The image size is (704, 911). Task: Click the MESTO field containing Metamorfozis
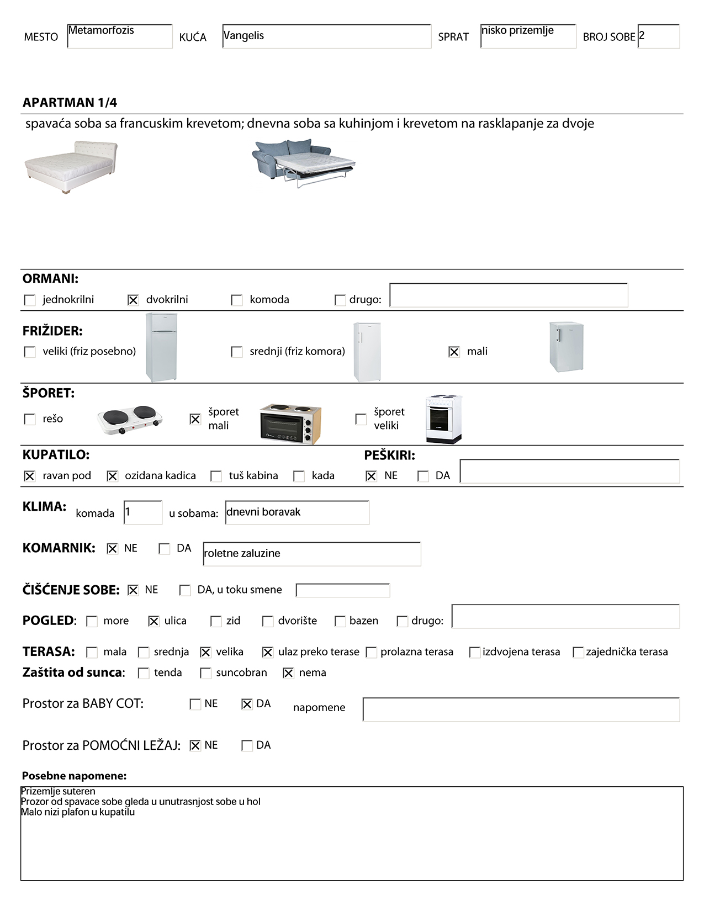click(x=119, y=36)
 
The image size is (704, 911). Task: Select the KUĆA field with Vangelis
click(x=326, y=36)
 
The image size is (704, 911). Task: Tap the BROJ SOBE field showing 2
click(x=658, y=36)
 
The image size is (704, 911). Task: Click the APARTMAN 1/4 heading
click(x=70, y=103)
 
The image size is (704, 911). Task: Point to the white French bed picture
click(x=71, y=167)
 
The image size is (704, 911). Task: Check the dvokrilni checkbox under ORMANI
click(x=133, y=300)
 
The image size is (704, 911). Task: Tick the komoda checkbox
click(x=237, y=300)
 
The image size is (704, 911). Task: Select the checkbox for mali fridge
click(x=454, y=352)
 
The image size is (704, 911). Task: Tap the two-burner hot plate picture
click(x=130, y=420)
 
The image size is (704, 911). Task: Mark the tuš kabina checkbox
click(x=216, y=476)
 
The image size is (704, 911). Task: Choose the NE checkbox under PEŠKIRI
click(x=371, y=476)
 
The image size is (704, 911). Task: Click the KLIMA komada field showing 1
click(x=143, y=513)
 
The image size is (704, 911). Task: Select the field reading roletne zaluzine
click(x=311, y=554)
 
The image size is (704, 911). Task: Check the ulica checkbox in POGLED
click(x=154, y=622)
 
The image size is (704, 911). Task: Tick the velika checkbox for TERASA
click(x=205, y=653)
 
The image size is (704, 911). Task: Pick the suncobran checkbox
click(x=205, y=674)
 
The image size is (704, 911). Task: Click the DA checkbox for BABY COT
click(x=247, y=705)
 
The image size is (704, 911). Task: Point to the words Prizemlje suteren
click(x=58, y=791)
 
